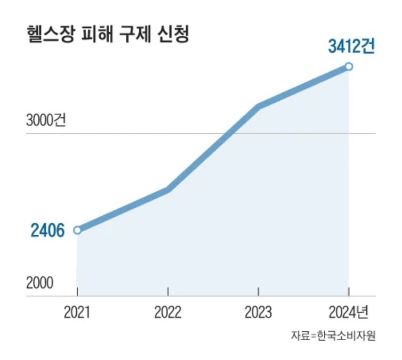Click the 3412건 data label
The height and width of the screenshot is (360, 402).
pos(351,47)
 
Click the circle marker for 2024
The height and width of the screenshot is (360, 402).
pos(349,66)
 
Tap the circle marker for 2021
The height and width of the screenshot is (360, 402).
pos(77,230)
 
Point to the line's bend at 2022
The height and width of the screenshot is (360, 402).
pos(168,189)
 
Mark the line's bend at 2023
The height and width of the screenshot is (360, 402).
pos(258,106)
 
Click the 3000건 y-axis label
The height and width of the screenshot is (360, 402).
pos(46,121)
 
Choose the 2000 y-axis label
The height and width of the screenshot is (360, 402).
pos(40,283)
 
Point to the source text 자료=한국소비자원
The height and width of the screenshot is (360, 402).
pos(333,336)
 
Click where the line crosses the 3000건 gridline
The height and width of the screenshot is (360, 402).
pos(229,133)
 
